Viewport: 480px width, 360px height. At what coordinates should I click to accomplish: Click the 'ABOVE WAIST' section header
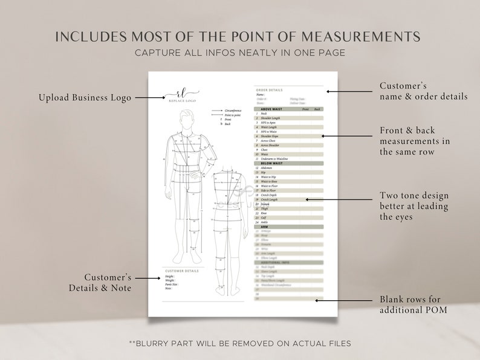(x=272, y=109)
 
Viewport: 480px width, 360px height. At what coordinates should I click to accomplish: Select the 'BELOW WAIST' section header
(x=272, y=163)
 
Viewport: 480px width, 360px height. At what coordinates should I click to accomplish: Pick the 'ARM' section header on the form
(x=264, y=227)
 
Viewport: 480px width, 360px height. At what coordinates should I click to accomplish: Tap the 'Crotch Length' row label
(x=270, y=199)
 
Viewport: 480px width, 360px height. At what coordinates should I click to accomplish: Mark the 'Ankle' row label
(x=265, y=222)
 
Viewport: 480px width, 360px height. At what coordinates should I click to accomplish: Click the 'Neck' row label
(x=265, y=114)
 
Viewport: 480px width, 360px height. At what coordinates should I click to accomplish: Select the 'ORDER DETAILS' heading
(x=269, y=90)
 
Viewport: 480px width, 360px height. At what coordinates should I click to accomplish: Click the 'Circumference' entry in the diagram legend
(x=233, y=111)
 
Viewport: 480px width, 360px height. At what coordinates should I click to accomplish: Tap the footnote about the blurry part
(x=240, y=343)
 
